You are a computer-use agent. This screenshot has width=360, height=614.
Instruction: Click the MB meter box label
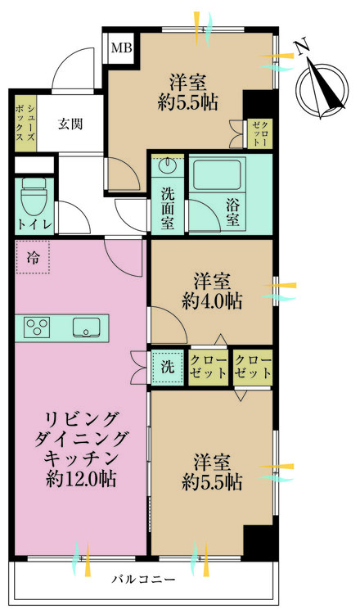coord(121,47)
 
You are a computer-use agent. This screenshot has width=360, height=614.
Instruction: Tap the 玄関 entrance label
coord(70,124)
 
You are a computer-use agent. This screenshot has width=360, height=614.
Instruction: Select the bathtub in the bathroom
coord(215,175)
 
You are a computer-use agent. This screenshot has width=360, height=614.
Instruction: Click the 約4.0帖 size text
coord(211,301)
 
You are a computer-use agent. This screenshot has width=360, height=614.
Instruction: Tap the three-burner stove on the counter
coord(38,327)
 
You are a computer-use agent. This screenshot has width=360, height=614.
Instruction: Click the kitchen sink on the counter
coord(87,328)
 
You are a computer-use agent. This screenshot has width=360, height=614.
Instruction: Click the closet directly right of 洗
coord(209,367)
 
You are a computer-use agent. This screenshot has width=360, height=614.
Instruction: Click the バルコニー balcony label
coord(143,580)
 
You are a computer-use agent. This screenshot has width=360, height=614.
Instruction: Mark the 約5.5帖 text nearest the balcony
coord(211,481)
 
